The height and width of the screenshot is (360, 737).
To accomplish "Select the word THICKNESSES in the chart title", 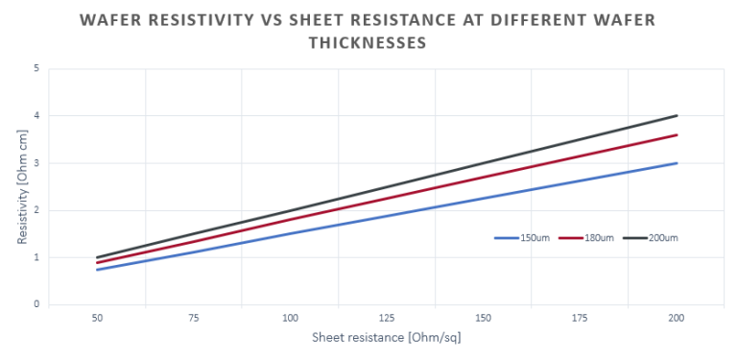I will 368,43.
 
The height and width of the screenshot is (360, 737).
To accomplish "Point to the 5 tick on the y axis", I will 36,69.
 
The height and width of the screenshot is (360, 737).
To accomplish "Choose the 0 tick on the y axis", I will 36,305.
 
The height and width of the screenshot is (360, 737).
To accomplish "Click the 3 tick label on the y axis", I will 36,163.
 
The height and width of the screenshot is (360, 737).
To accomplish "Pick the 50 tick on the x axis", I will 97,317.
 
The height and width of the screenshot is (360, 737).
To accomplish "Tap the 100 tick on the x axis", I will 290,317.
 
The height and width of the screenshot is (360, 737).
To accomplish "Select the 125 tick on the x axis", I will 387,317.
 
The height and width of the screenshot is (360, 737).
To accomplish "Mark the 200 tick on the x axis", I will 677,317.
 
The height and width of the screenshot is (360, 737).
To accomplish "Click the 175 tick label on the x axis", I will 580,317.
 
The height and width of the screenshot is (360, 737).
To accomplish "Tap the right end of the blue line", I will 677,163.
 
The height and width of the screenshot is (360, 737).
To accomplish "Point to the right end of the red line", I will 677,135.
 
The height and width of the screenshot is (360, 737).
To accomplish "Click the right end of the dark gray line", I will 677,116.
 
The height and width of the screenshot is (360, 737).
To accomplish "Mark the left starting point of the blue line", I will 97,270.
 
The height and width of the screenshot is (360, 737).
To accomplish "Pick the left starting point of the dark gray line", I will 97,257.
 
